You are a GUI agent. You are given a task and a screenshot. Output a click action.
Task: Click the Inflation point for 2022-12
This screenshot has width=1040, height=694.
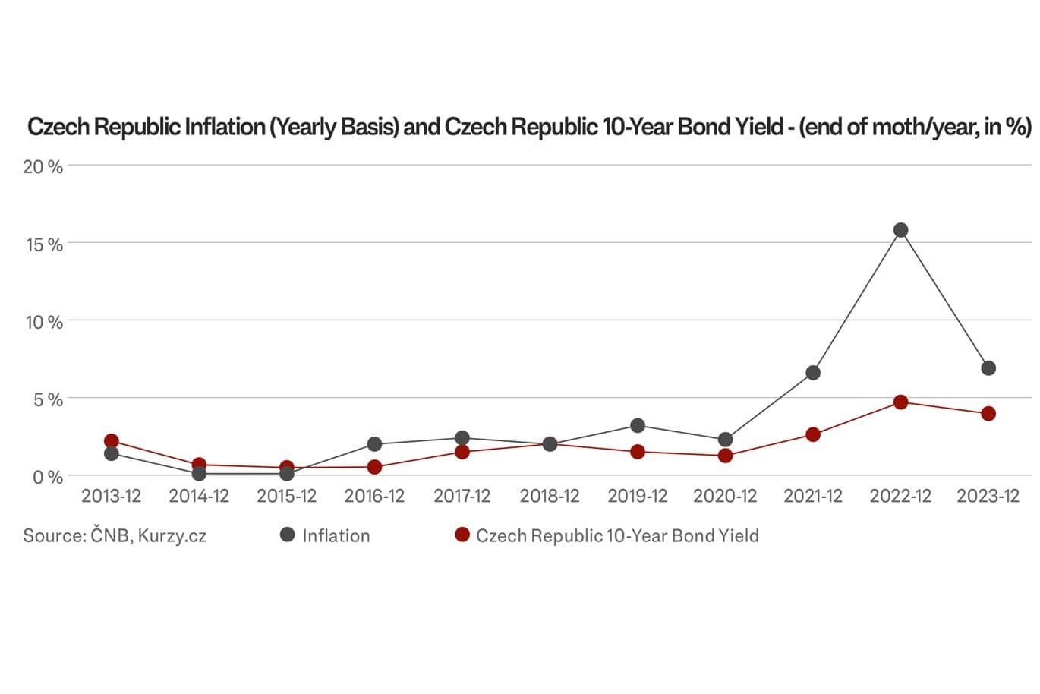[x=900, y=230]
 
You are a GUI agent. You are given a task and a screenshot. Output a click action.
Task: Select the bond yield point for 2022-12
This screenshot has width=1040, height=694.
[x=900, y=402]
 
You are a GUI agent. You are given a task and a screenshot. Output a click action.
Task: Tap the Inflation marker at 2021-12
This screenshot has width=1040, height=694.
[x=813, y=373]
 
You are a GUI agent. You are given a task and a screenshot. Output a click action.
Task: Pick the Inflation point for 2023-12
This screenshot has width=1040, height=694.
[x=988, y=368]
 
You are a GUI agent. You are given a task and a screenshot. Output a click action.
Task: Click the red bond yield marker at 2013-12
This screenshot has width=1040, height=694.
[x=112, y=441]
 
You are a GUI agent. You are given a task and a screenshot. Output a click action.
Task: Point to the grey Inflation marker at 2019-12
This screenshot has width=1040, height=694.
[x=638, y=426]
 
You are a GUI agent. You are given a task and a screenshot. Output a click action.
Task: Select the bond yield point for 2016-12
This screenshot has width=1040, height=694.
[x=374, y=467]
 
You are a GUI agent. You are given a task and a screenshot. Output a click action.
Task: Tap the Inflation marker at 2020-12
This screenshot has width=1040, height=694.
[x=725, y=440]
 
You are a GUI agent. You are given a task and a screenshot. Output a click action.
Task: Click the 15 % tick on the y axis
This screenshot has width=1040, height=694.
[x=44, y=244]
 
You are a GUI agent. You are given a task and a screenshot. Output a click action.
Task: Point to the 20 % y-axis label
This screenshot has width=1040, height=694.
[x=43, y=166]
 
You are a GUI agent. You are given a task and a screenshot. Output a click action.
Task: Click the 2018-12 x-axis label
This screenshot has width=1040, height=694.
[x=550, y=497]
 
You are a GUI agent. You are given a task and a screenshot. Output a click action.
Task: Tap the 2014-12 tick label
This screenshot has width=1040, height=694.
[x=199, y=497]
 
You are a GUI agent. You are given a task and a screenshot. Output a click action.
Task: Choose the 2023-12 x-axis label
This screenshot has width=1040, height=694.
[x=988, y=497]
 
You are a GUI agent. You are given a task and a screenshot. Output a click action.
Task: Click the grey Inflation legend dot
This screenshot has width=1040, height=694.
[x=287, y=535]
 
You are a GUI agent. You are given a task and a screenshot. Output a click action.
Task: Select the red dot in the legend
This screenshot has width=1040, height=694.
[x=462, y=535]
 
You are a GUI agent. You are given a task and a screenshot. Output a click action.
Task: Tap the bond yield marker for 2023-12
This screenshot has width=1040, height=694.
[x=988, y=414]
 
